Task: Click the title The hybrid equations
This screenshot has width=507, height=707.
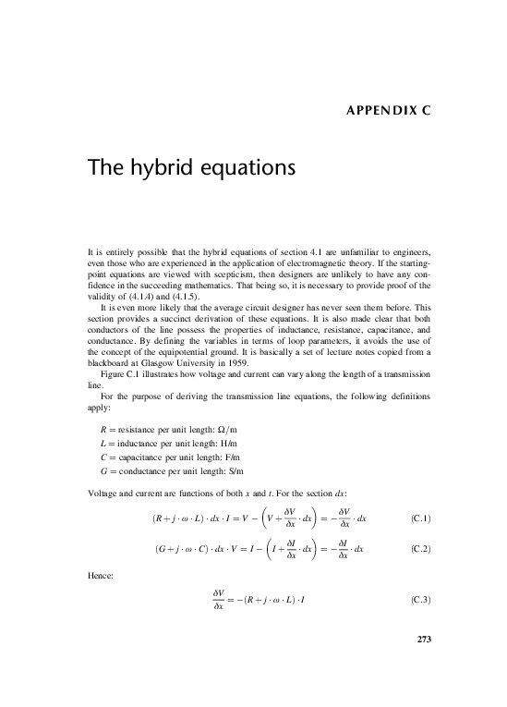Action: (190, 169)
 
